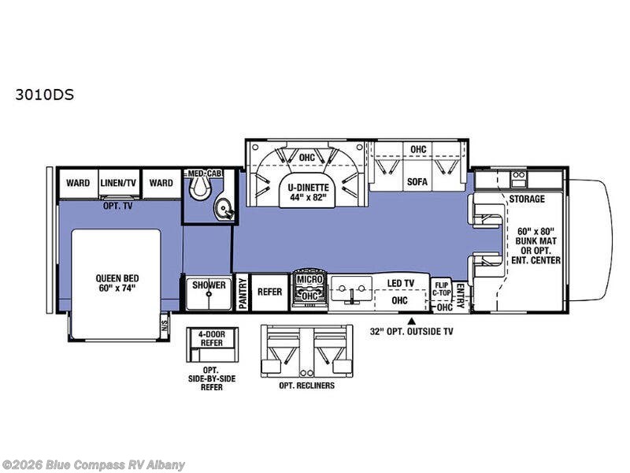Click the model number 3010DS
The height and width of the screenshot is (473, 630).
pos(45,95)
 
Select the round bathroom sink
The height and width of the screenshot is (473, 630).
pos(223,208)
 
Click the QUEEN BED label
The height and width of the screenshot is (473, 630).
pos(117,278)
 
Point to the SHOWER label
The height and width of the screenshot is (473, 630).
pos(209,285)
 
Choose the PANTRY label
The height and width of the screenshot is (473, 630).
pos(243,293)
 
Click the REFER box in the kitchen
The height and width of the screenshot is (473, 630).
pos(269,292)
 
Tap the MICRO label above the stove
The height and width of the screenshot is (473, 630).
pos(309,279)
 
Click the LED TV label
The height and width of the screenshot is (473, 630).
pos(400,283)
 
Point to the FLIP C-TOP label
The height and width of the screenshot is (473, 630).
pos(442,289)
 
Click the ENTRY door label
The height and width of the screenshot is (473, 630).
pos(461,296)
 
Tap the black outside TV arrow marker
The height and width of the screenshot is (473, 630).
pos(411,321)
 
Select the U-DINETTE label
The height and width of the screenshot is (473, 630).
pos(308,188)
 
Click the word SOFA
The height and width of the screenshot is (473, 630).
pos(417,182)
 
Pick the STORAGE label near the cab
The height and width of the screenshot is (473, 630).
pos(527,199)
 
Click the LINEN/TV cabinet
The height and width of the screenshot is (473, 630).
pos(118,183)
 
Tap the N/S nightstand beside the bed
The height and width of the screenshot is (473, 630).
pos(164,323)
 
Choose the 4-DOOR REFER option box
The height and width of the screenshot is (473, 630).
pos(212,339)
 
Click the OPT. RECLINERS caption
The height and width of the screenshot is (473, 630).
pos(306,385)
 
